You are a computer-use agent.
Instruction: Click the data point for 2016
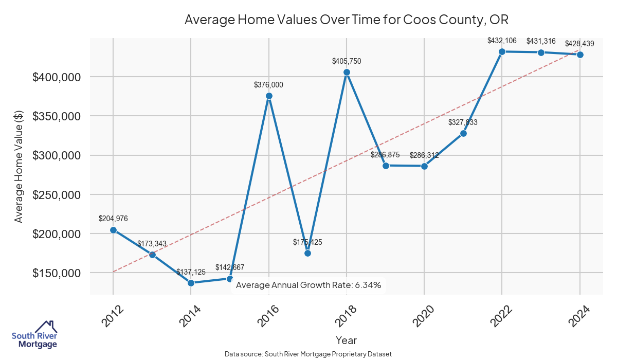(x=269, y=96)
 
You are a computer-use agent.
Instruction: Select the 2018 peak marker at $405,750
(x=347, y=73)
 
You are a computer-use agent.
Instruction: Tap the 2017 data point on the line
(x=307, y=253)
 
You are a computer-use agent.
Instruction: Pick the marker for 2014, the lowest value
(x=191, y=283)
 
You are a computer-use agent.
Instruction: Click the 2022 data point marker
(x=502, y=51)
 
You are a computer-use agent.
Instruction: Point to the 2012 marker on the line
(x=113, y=230)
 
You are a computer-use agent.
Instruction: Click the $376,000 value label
(x=268, y=85)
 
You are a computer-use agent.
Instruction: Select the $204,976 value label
(x=113, y=219)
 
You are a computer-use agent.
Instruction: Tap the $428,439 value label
(x=580, y=44)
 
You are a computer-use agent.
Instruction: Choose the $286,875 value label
(x=385, y=155)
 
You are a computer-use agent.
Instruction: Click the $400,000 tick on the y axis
(x=57, y=77)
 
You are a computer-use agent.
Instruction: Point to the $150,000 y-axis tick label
(x=57, y=273)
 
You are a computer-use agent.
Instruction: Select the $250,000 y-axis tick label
(x=57, y=195)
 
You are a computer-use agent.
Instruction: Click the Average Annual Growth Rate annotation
(x=308, y=285)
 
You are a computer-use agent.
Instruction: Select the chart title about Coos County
(x=347, y=20)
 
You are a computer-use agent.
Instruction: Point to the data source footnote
(x=308, y=354)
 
